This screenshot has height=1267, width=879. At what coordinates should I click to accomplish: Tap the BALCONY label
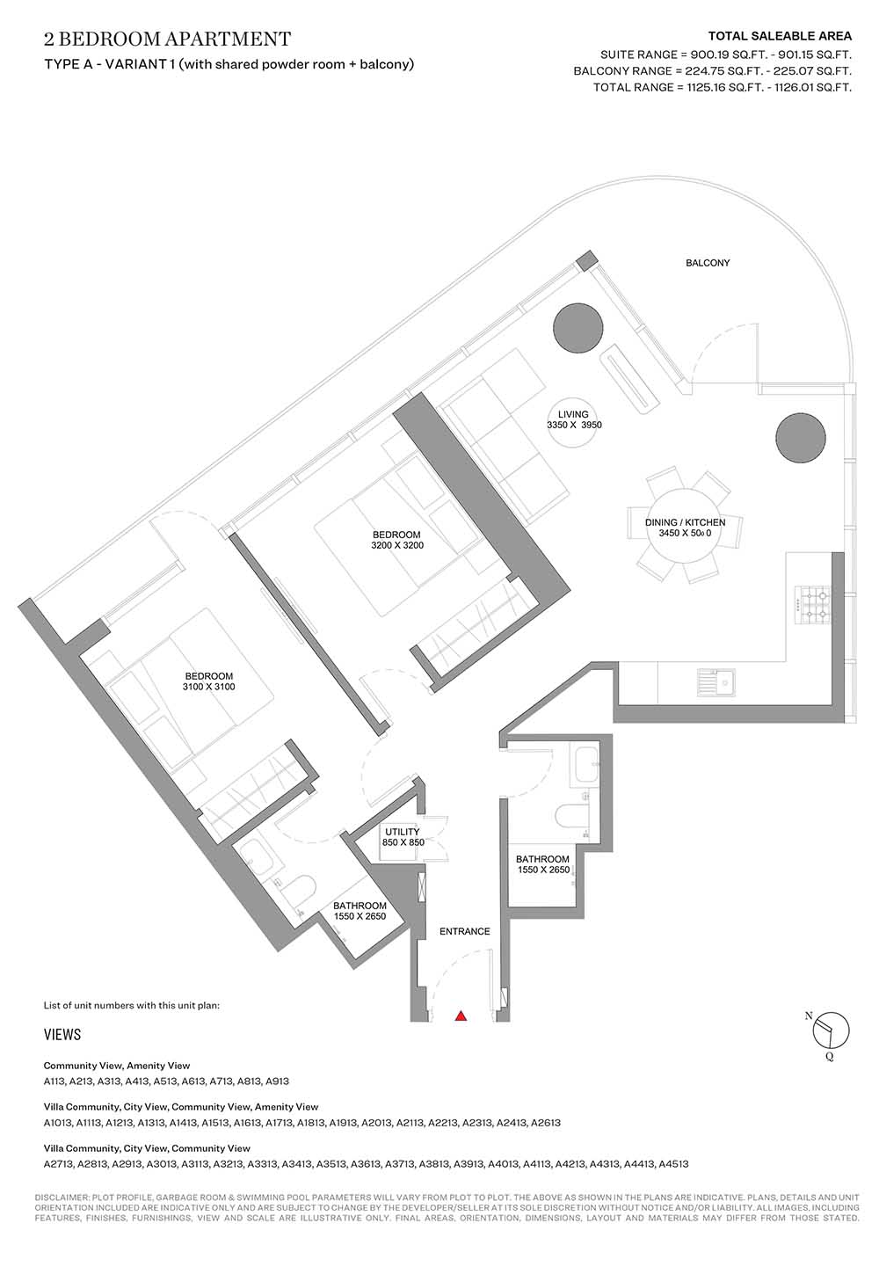(708, 263)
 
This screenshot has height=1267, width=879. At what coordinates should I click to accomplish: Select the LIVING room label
(573, 414)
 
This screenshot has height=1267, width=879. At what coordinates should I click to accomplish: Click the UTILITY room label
(403, 832)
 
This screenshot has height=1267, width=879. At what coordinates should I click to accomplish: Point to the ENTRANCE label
(465, 931)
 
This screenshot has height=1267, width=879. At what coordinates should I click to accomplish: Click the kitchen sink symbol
(716, 681)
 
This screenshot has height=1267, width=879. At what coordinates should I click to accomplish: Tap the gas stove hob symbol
(813, 604)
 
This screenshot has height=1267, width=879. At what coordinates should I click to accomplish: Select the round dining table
(685, 528)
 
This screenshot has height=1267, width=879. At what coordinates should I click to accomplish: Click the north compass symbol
(831, 1029)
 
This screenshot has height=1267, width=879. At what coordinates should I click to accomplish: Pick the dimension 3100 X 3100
(208, 687)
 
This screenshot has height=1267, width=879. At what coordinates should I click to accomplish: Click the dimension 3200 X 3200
(397, 545)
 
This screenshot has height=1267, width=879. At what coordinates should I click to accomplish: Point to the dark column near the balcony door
(578, 328)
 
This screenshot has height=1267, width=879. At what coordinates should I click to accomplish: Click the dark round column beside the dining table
(801, 438)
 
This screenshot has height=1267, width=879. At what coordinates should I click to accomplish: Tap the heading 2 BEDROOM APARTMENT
(167, 39)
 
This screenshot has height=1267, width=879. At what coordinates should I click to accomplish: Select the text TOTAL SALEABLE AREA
(780, 36)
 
